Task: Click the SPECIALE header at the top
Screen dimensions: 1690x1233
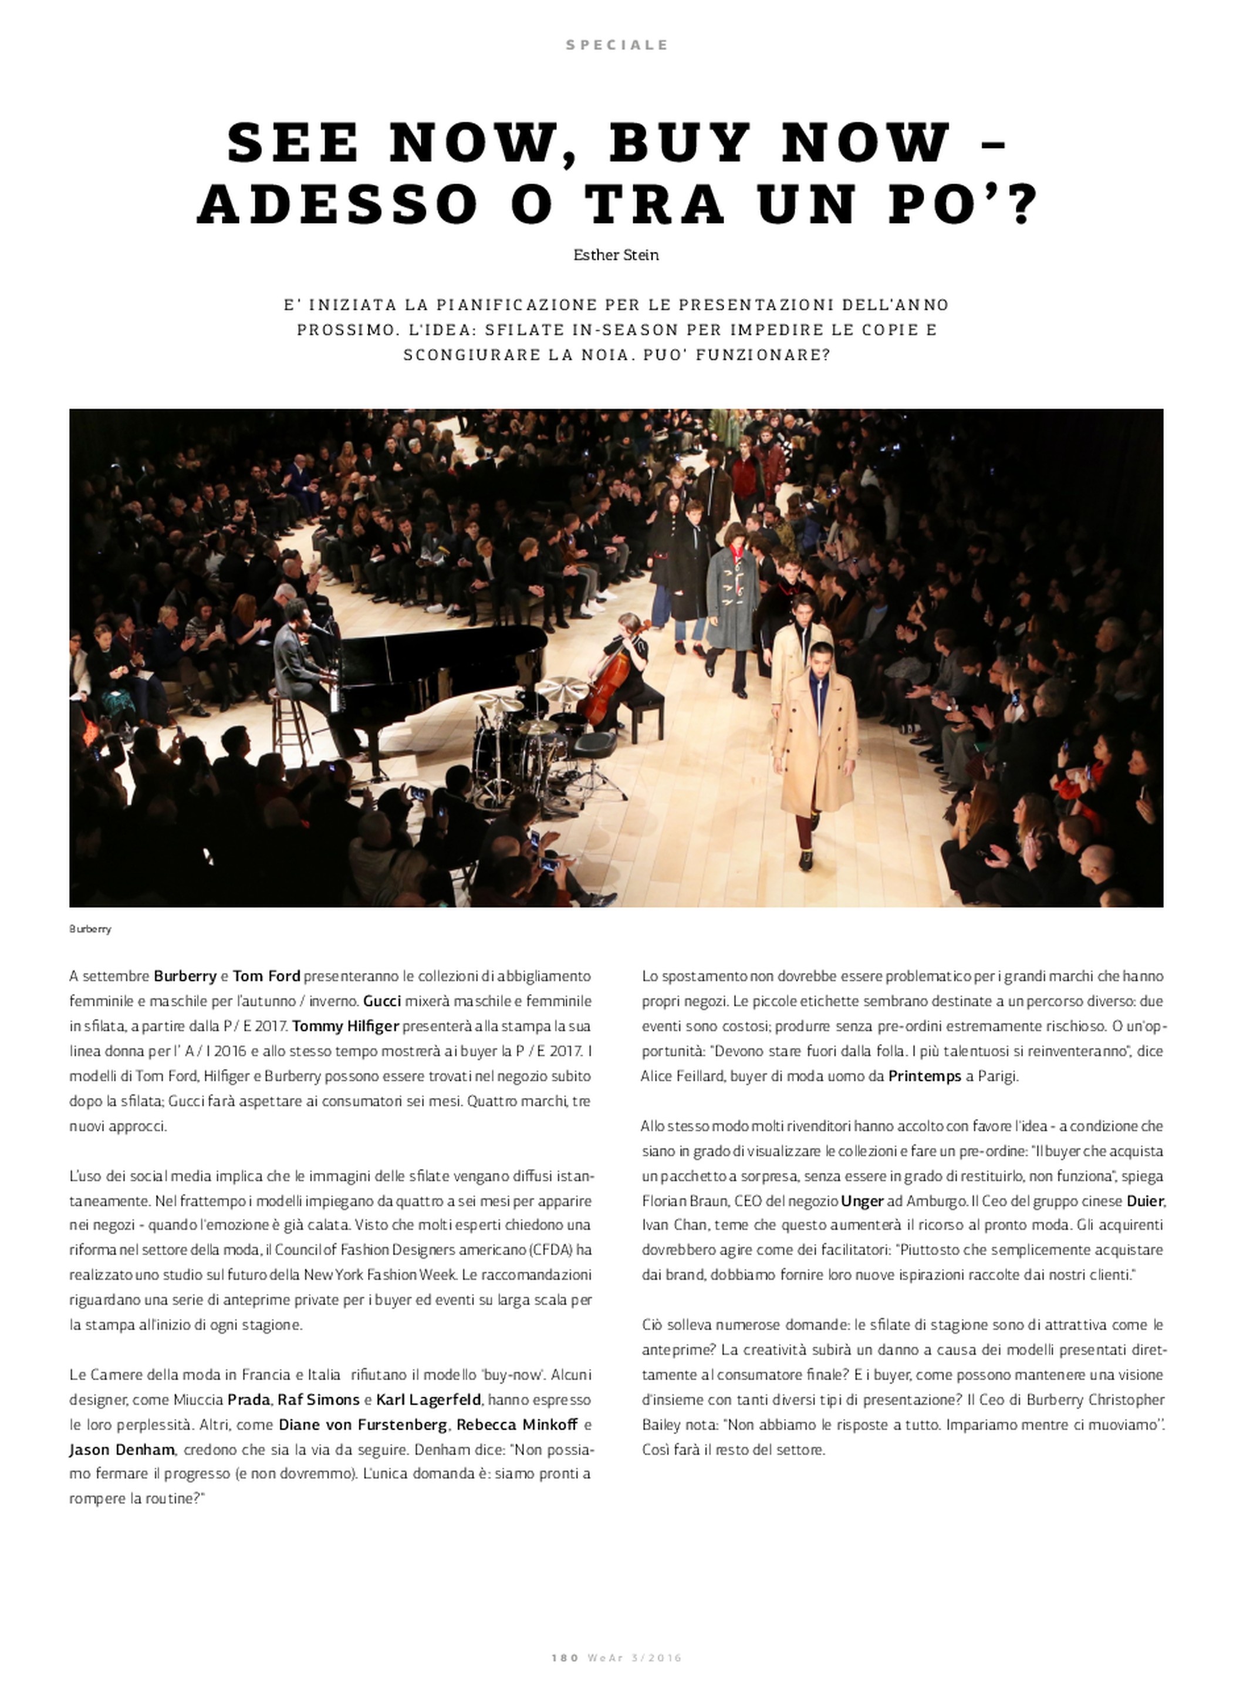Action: [616, 45]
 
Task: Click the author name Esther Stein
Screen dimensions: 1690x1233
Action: [616, 255]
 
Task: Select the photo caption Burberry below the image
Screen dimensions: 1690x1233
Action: [90, 929]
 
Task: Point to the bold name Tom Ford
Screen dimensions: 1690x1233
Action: [266, 976]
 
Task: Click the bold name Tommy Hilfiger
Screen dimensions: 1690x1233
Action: [345, 1026]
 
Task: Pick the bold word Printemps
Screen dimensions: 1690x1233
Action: [924, 1077]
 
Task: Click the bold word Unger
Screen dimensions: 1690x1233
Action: [862, 1201]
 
